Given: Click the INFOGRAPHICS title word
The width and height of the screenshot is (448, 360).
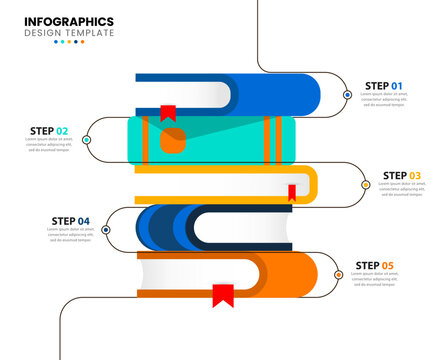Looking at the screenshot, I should coord(69,21).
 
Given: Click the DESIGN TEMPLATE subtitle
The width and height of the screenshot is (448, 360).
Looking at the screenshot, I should coord(69,33).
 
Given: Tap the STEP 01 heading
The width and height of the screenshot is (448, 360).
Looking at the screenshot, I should coord(383,86).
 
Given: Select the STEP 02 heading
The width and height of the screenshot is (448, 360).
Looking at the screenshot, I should coord(49,131).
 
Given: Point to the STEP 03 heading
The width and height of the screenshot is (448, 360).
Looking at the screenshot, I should coord(401,175).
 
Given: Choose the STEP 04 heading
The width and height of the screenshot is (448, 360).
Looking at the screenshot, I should coord(69,220).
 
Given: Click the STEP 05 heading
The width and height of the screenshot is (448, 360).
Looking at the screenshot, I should coord(375,265).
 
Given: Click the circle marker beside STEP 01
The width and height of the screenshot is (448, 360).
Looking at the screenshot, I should coord(347,95).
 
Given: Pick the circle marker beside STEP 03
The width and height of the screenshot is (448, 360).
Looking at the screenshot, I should coord(365,184).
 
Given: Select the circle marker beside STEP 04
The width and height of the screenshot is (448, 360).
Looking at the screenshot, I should coord(106,229).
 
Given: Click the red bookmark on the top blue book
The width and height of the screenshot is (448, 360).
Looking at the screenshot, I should coord(168,112).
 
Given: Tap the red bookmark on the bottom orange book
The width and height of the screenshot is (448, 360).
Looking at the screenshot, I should coord(222,295).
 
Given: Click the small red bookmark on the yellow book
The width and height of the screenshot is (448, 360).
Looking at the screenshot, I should coord(292,192).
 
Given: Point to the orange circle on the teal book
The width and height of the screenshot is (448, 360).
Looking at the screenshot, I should coord(173,143).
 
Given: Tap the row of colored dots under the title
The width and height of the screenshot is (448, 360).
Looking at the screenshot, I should coord(69,42).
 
